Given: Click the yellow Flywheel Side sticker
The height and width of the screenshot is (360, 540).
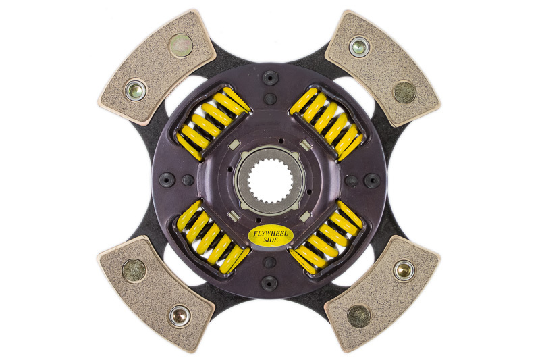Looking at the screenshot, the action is pyautogui.click(x=271, y=236).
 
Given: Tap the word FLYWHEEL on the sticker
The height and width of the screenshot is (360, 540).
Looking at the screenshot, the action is pyautogui.click(x=271, y=233).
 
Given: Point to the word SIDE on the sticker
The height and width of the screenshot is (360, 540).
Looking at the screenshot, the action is pyautogui.click(x=271, y=240).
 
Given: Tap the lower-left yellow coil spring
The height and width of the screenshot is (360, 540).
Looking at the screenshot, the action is pyautogui.click(x=213, y=237).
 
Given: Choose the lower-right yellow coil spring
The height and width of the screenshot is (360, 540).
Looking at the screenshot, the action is pyautogui.click(x=327, y=237).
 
